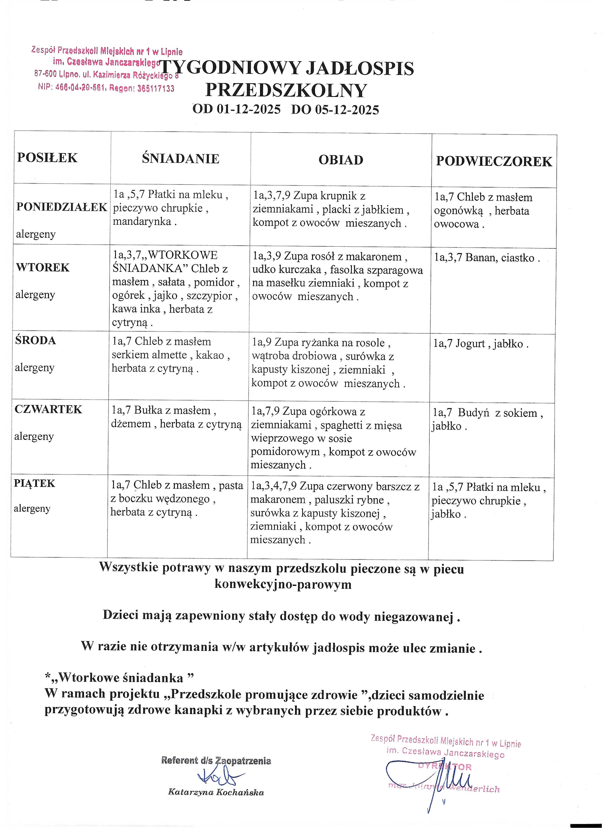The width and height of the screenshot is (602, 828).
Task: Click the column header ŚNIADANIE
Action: pyautogui.click(x=181, y=159)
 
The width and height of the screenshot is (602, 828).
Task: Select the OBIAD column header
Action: pyautogui.click(x=341, y=160)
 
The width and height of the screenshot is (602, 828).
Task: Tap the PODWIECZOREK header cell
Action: pyautogui.click(x=494, y=161)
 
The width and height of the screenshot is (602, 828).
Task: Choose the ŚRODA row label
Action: pyautogui.click(x=35, y=341)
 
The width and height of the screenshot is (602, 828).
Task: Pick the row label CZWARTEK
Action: pyautogui.click(x=48, y=409)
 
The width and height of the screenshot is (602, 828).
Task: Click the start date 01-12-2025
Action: pyautogui.click(x=248, y=109)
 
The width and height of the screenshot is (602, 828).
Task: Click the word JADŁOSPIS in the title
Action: pyautogui.click(x=360, y=68)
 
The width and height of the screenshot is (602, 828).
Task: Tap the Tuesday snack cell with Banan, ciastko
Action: pyautogui.click(x=487, y=258)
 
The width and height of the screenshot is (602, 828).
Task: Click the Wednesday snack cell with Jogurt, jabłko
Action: pyautogui.click(x=481, y=344)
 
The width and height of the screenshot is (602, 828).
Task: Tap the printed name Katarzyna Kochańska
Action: pyautogui.click(x=216, y=792)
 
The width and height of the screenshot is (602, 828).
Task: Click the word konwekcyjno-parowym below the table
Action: pyautogui.click(x=283, y=585)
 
